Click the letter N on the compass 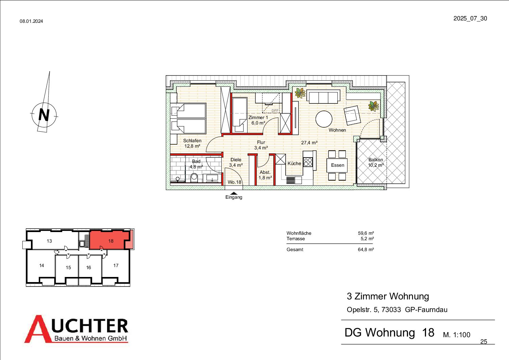44,115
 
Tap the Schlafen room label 192,141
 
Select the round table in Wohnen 324,119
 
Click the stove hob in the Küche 308,162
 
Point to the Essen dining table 337,165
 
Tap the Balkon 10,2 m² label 376,162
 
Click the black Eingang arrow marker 234,193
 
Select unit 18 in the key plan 111,241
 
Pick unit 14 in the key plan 41,265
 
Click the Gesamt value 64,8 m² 366,249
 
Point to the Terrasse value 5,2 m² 367,239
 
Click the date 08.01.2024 31,21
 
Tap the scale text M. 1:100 457,335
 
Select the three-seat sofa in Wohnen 323,96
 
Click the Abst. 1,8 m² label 265,175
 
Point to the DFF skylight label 275,111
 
